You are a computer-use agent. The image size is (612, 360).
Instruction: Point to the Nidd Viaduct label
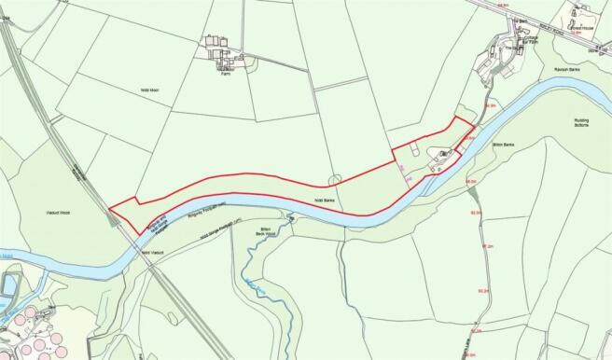pyautogui.click(x=152, y=252)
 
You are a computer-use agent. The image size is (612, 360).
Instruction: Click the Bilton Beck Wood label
pyautogui.click(x=270, y=230)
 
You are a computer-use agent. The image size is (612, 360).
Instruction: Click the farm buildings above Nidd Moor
pyautogui.click(x=222, y=48)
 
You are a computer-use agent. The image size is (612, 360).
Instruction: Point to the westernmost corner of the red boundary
pyautogui.click(x=109, y=207)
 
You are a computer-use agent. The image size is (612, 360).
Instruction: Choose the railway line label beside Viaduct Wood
pyautogui.click(x=79, y=173)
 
